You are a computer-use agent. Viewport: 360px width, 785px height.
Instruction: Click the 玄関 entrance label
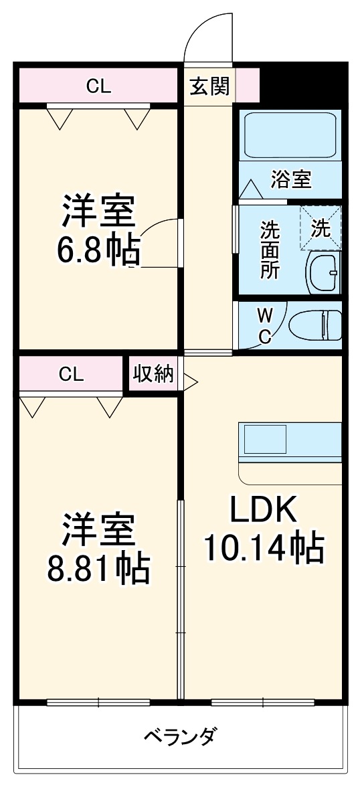click(209, 86)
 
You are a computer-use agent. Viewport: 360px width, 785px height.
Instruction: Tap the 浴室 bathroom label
click(290, 179)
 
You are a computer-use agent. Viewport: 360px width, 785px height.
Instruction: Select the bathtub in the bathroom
click(290, 136)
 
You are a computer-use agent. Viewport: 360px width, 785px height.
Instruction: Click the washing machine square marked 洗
click(321, 228)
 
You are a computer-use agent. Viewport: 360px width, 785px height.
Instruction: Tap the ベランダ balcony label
click(180, 737)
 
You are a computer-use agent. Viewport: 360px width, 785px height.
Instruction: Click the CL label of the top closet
click(98, 86)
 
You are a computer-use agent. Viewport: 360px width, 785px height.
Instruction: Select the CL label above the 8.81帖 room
click(71, 374)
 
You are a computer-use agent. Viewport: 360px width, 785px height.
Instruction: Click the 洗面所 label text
click(270, 249)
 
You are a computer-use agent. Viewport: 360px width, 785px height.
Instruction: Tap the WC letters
click(265, 326)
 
